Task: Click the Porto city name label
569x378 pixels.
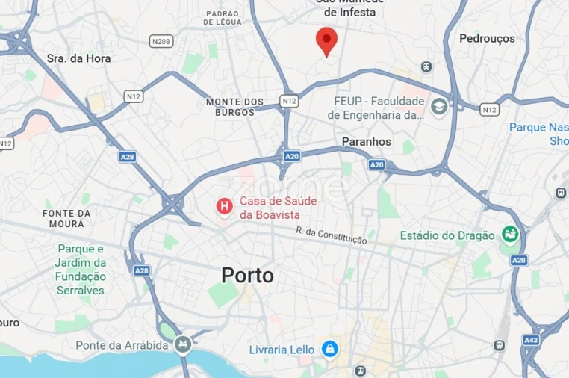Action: click(247, 276)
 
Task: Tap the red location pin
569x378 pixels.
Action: click(326, 41)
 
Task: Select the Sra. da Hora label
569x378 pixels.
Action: click(78, 58)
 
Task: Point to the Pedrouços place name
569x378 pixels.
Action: click(487, 38)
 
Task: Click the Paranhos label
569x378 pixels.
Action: click(366, 141)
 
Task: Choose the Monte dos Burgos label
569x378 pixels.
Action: click(235, 107)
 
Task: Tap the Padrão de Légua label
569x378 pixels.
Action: click(223, 18)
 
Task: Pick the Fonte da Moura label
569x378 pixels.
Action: click(67, 218)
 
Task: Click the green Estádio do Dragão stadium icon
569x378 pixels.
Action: click(510, 235)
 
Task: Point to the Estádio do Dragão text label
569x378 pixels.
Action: click(447, 235)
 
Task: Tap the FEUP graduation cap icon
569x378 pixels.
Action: click(438, 105)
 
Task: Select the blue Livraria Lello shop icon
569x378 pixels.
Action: click(329, 348)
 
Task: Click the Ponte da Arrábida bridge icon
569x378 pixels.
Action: click(181, 344)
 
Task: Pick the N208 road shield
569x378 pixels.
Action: click(161, 40)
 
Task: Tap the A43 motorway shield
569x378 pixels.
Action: click(531, 340)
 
